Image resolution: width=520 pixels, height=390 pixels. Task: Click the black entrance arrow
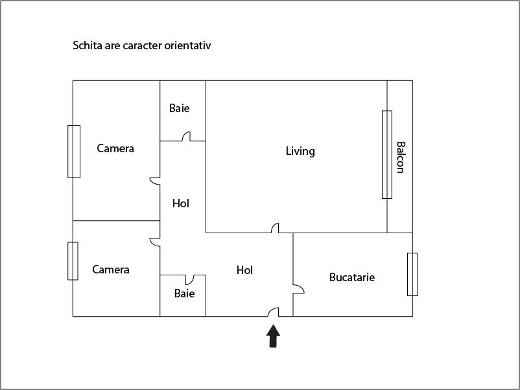274,336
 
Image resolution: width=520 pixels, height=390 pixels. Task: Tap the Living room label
300,151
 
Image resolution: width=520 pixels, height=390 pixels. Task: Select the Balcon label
400,157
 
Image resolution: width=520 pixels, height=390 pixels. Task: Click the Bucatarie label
352,277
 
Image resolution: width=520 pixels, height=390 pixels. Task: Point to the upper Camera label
115,148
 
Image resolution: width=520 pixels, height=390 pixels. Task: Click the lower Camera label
111,270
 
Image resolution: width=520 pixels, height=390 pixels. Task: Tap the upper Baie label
180,108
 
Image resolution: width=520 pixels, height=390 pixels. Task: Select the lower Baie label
184,293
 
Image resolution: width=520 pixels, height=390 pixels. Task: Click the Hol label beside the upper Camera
181,203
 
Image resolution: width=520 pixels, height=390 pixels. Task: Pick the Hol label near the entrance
244,270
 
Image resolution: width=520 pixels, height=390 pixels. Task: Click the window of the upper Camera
74,151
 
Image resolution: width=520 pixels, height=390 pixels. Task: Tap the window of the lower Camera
73,261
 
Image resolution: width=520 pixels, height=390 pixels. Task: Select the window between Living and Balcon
387,155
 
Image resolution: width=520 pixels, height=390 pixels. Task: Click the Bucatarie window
412,274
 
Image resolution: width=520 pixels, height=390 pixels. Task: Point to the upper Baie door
185,137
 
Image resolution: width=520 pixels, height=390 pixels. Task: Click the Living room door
275,228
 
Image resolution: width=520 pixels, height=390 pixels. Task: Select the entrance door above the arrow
273,312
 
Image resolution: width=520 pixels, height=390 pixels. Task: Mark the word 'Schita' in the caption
87,46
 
